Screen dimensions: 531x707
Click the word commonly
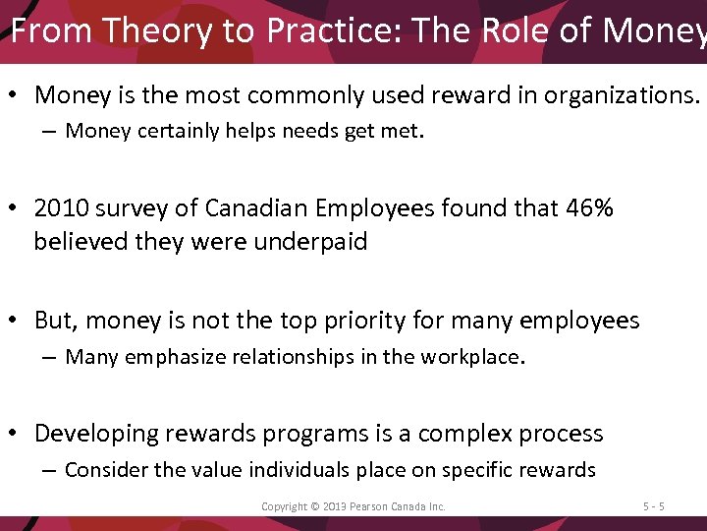[295, 95]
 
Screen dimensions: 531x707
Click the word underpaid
[309, 242]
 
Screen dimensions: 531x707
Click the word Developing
[96, 434]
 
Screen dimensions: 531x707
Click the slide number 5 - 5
[654, 506]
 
